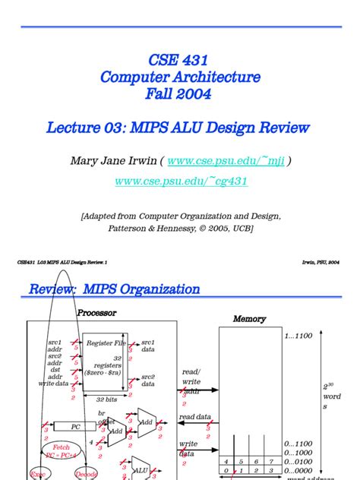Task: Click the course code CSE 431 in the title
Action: coord(179,60)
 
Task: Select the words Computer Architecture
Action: coord(179,77)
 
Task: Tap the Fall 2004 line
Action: coord(179,95)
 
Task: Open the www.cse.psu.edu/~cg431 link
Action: coord(181,182)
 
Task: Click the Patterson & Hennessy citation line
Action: coord(179,228)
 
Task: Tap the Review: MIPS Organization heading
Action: coord(114,289)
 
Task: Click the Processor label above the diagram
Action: coord(97,312)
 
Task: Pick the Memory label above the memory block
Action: coord(249,319)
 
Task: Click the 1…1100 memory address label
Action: coord(298,336)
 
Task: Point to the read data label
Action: coord(195,417)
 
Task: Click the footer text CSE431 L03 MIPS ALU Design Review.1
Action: coord(62,262)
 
